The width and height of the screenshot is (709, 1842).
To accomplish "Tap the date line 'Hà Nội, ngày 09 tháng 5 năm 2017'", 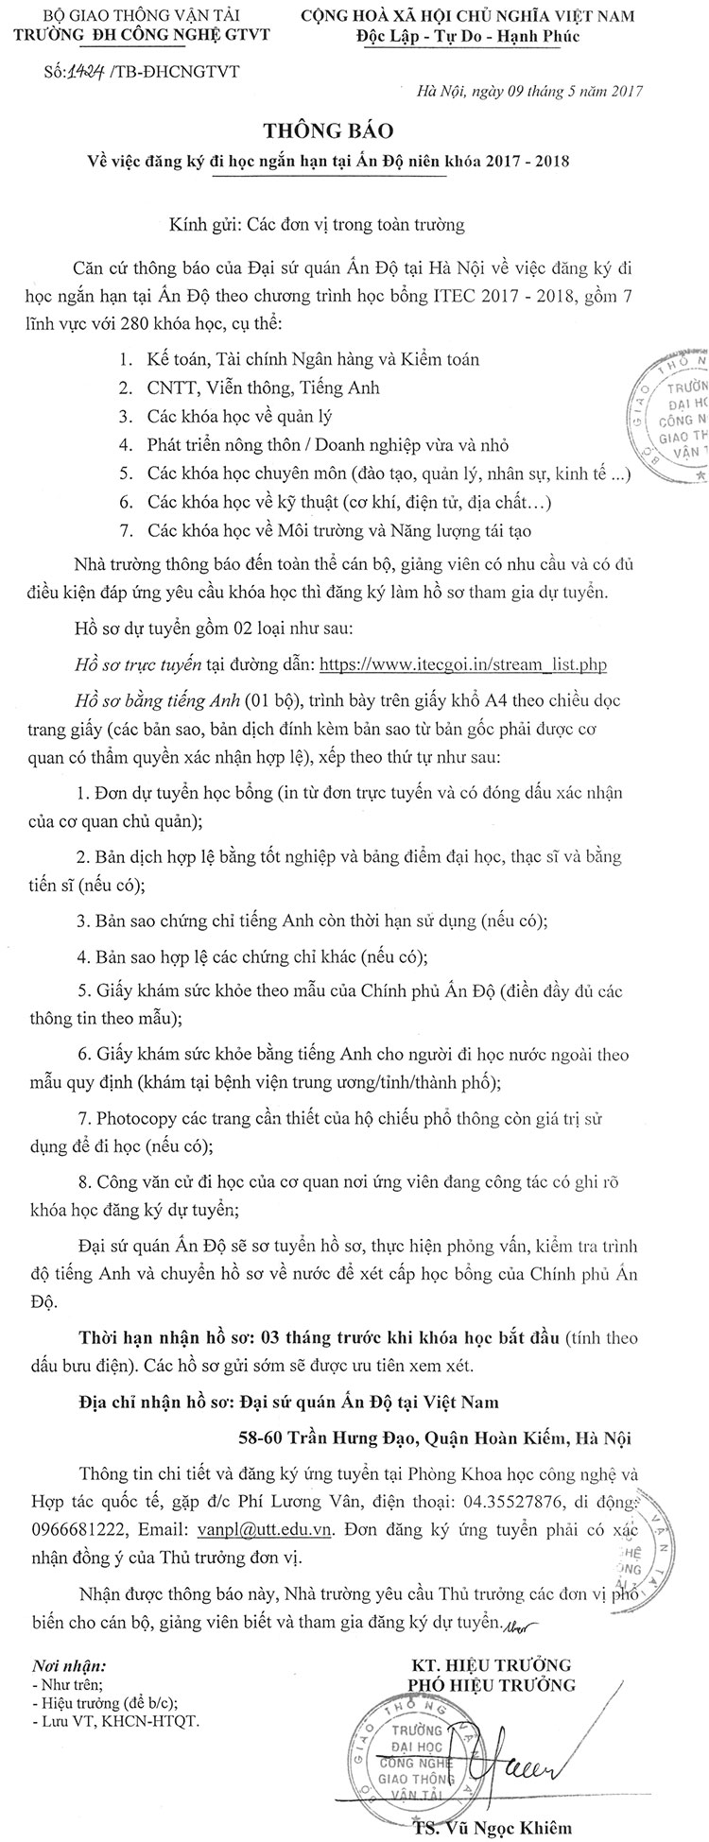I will (x=529, y=92).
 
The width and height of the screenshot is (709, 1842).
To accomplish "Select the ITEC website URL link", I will (x=462, y=664).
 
